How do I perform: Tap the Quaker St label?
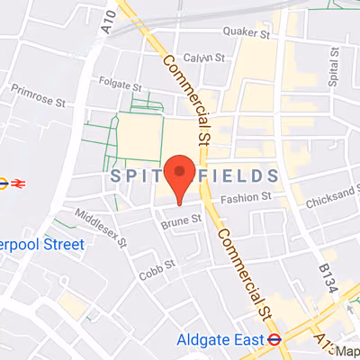(247, 33)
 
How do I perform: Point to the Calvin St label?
(201, 58)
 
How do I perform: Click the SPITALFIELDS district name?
(193, 174)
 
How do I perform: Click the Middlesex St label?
(104, 229)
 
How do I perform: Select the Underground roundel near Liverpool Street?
(4, 183)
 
